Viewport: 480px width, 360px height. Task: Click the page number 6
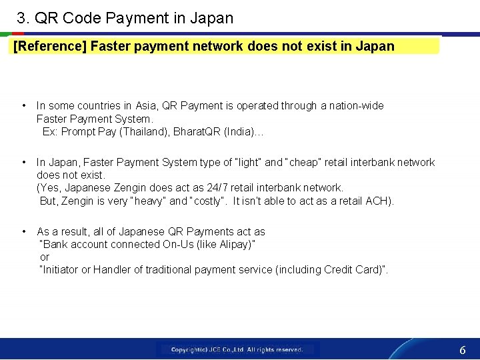pyautogui.click(x=462, y=350)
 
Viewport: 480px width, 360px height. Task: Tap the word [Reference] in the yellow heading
pyautogui.click(x=50, y=47)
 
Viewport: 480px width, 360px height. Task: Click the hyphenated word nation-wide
pyautogui.click(x=359, y=105)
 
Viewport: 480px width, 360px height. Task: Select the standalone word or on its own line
pyautogui.click(x=45, y=257)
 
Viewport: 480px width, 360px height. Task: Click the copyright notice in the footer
pyautogui.click(x=237, y=349)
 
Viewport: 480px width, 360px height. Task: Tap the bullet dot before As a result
pyautogui.click(x=24, y=231)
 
